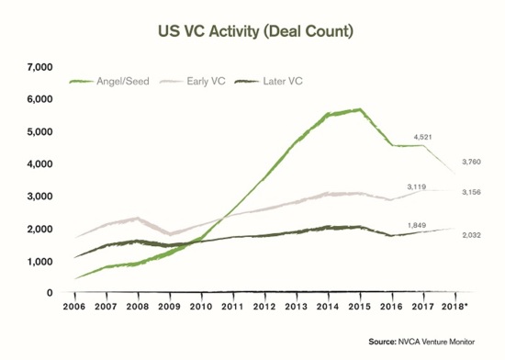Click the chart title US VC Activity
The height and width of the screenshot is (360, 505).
pyautogui.click(x=252, y=30)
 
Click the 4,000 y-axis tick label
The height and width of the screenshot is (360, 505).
pyautogui.click(x=42, y=164)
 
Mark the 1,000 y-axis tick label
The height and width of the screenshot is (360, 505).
pyautogui.click(x=42, y=262)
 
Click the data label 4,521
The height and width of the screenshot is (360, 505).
pyautogui.click(x=423, y=135)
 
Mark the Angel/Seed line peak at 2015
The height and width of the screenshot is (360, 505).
pyautogui.click(x=360, y=109)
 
